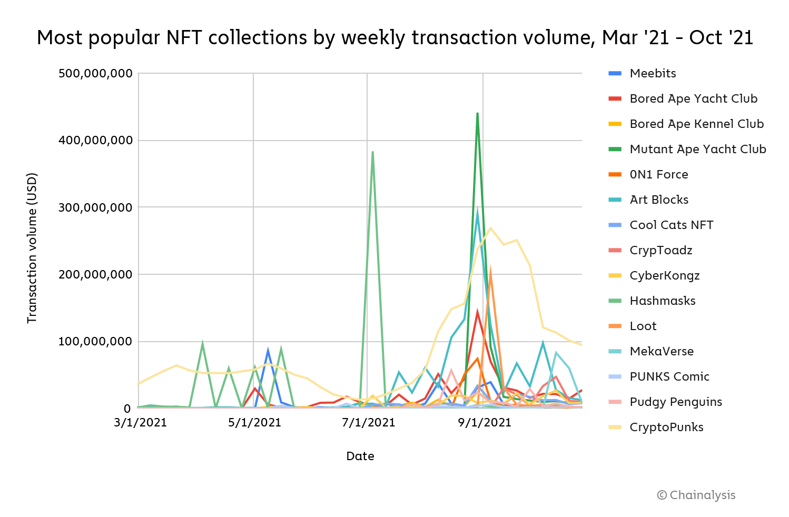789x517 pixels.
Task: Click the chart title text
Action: pyautogui.click(x=394, y=38)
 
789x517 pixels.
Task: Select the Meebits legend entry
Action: pyautogui.click(x=653, y=74)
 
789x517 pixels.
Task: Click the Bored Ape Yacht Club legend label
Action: pyautogui.click(x=693, y=99)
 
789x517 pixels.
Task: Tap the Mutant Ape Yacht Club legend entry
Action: pyautogui.click(x=697, y=150)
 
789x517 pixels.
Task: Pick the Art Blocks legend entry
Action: pyautogui.click(x=659, y=200)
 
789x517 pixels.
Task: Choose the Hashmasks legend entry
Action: pyautogui.click(x=662, y=301)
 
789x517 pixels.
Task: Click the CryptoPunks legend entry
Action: pyautogui.click(x=666, y=427)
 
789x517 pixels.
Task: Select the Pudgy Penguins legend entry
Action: pyautogui.click(x=675, y=402)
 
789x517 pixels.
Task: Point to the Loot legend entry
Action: pyautogui.click(x=643, y=326)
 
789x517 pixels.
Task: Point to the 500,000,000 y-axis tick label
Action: pyautogui.click(x=95, y=73)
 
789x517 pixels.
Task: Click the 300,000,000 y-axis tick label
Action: pyautogui.click(x=95, y=207)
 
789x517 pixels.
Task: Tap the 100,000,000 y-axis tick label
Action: pyautogui.click(x=95, y=342)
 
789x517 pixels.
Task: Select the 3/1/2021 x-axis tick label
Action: pyautogui.click(x=140, y=423)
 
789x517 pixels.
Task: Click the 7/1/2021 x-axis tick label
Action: pyautogui.click(x=368, y=423)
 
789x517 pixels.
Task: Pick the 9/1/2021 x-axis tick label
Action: pyautogui.click(x=484, y=423)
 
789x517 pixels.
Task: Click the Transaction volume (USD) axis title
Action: pyautogui.click(x=32, y=247)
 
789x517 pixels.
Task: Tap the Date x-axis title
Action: pyautogui.click(x=360, y=456)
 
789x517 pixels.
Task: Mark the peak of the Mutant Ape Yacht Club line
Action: pyautogui.click(x=477, y=113)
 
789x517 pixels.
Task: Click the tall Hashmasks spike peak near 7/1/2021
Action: pyautogui.click(x=373, y=152)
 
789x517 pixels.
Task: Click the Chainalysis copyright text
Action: pyautogui.click(x=696, y=495)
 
